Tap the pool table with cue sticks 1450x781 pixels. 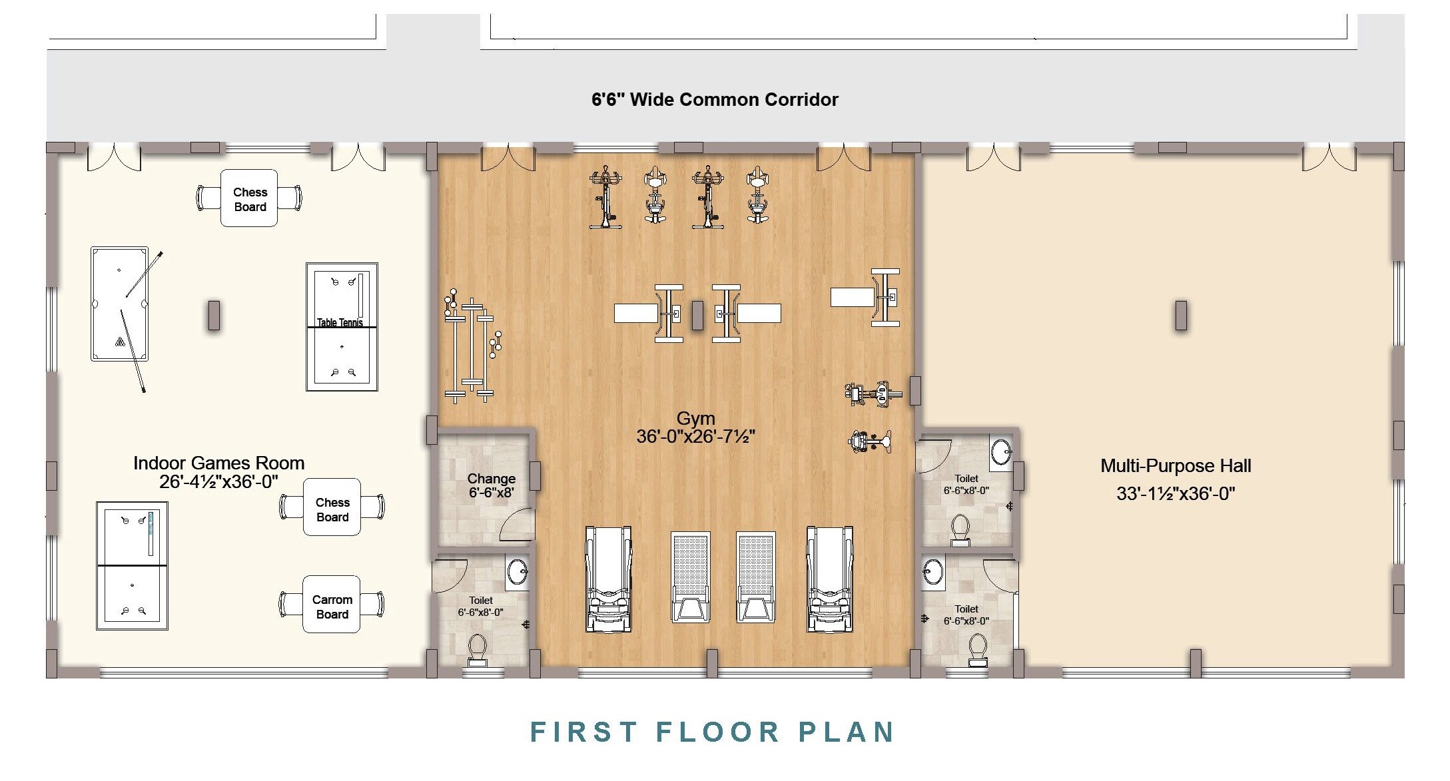click(x=119, y=304)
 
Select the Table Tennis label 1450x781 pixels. click(x=340, y=323)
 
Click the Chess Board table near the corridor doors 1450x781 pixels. click(x=249, y=198)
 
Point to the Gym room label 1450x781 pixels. click(x=695, y=419)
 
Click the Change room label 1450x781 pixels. click(x=491, y=479)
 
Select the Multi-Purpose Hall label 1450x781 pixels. click(x=1175, y=465)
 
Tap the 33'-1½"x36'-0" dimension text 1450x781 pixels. click(x=1175, y=494)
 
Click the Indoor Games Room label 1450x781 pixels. click(x=218, y=463)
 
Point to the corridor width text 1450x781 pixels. click(x=714, y=100)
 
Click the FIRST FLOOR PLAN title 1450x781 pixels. click(x=712, y=732)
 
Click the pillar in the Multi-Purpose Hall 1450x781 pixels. click(x=1180, y=315)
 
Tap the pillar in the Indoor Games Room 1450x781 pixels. click(x=214, y=315)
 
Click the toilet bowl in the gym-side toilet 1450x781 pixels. click(x=477, y=649)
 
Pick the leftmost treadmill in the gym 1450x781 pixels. click(x=607, y=579)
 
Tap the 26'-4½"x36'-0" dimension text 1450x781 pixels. click(x=218, y=481)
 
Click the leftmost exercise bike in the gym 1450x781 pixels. click(x=605, y=198)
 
